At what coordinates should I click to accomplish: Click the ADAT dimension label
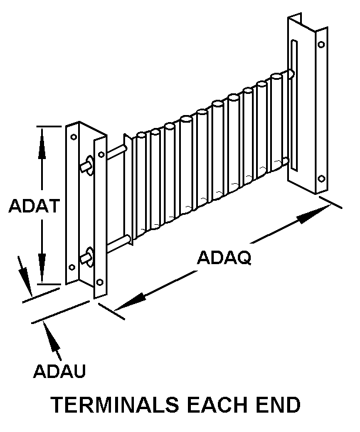(35, 205)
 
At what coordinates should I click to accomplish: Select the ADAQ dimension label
(224, 258)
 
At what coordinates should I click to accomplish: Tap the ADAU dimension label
(59, 371)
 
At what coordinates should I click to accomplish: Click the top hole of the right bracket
(321, 45)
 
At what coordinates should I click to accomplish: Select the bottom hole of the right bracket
(321, 178)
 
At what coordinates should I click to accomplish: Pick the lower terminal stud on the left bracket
(87, 257)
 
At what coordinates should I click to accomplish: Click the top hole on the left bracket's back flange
(73, 137)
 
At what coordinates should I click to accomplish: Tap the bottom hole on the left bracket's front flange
(100, 282)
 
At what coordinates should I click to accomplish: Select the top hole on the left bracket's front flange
(102, 154)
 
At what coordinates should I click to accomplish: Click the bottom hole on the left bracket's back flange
(72, 267)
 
